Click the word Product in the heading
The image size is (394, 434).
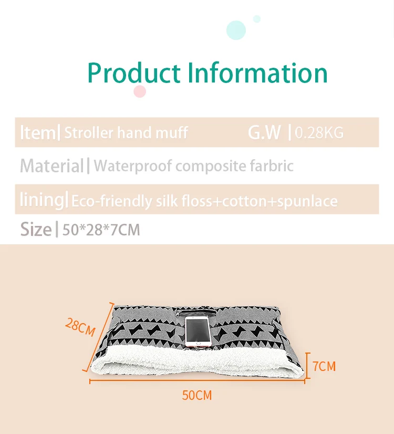[x=134, y=73]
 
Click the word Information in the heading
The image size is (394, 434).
[x=257, y=73]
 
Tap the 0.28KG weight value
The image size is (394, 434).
[x=319, y=133]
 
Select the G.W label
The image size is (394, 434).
[x=264, y=133]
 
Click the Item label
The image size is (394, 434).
[x=37, y=133]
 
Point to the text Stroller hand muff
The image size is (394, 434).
[x=126, y=133]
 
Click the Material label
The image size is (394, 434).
[x=51, y=167]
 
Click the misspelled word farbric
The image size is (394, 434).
[x=271, y=167]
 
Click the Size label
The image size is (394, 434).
[x=35, y=230]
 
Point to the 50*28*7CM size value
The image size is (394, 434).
[x=101, y=230]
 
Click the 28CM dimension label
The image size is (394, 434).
[x=80, y=327]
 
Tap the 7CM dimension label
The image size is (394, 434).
[x=324, y=366]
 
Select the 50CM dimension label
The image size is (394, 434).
[x=197, y=395]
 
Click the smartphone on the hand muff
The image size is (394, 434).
[x=198, y=333]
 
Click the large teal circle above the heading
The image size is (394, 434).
[x=236, y=30]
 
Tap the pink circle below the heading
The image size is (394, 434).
[x=139, y=91]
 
